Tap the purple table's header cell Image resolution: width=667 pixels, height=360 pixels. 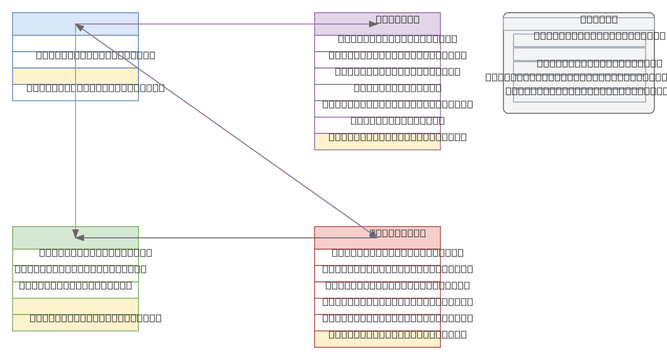tap(339, 24)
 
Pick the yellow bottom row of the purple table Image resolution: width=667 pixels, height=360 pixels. tap(377, 142)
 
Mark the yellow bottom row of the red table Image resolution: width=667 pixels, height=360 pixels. tap(377, 339)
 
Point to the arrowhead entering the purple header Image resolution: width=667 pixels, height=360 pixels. tap(374, 24)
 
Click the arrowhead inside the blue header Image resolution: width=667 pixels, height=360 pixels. tap(79, 26)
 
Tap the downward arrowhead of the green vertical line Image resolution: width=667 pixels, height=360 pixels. tap(76, 233)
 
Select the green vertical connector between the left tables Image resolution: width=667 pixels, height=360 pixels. tap(76, 139)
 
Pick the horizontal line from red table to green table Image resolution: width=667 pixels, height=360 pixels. tap(222, 238)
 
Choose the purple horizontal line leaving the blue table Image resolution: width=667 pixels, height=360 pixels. tap(222, 24)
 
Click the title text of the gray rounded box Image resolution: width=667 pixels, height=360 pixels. tap(599, 19)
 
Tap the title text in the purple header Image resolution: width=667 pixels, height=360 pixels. tap(397, 19)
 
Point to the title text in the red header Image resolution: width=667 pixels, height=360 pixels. tap(397, 233)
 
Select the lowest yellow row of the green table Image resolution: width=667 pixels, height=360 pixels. tap(76, 323)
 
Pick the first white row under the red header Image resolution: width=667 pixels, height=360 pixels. tap(377, 257)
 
